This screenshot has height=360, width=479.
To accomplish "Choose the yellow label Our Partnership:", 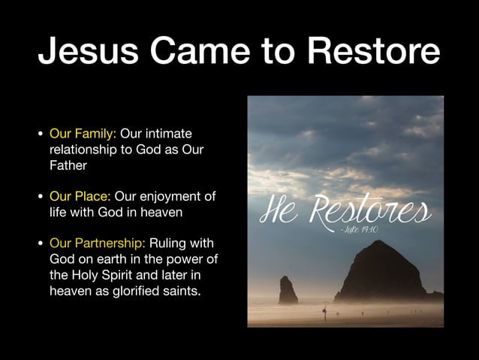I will click(x=98, y=244).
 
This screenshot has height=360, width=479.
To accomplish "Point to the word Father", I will click(x=69, y=165).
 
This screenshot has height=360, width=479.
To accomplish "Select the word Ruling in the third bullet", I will click(x=167, y=244).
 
